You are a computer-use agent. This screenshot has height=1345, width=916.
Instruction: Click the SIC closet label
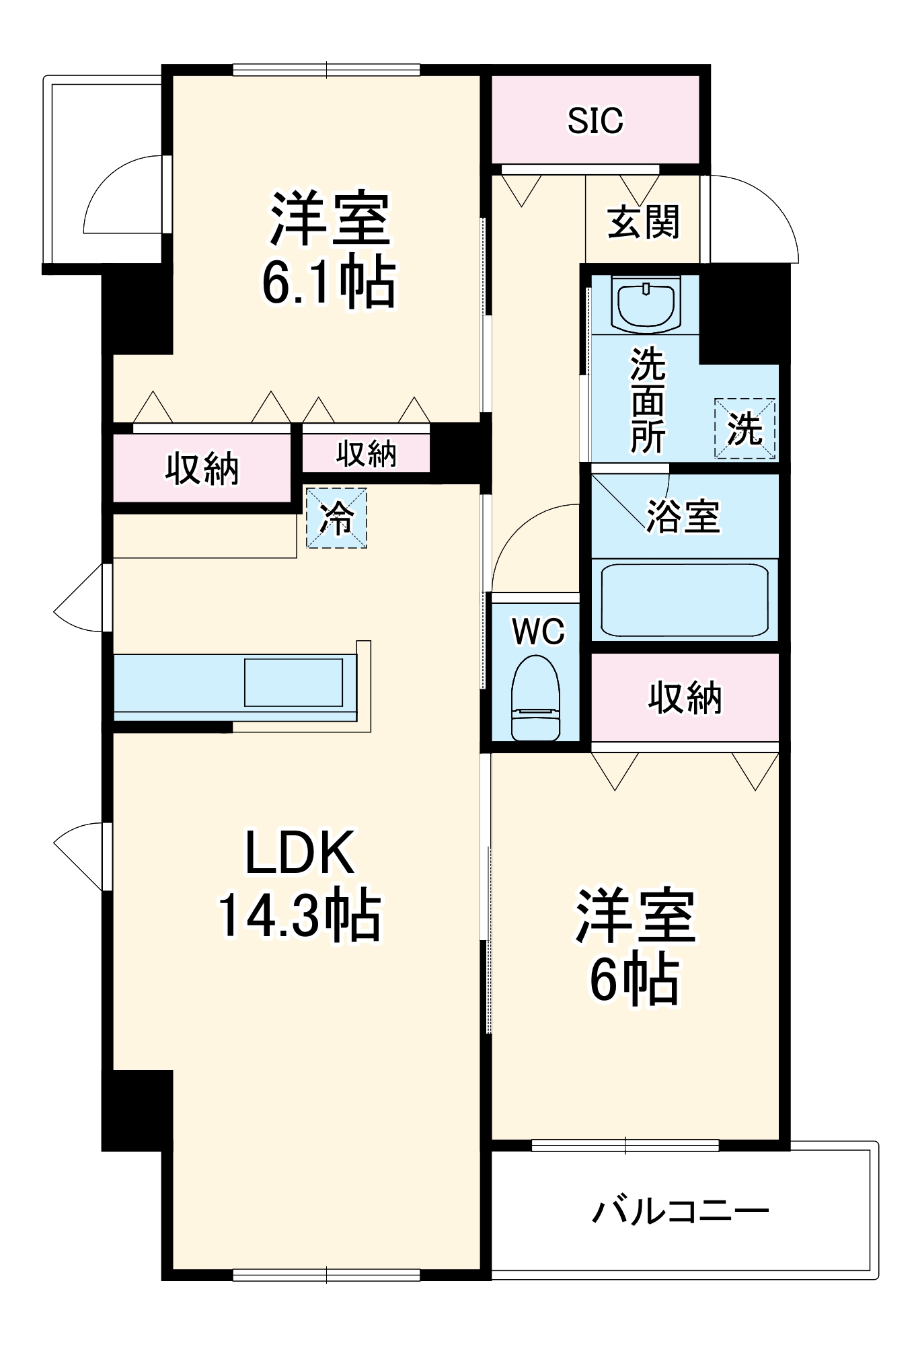pyautogui.click(x=595, y=120)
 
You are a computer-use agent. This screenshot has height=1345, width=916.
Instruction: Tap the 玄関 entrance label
pyautogui.click(x=644, y=222)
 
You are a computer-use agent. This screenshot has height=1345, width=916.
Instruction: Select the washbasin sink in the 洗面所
pyautogui.click(x=645, y=307)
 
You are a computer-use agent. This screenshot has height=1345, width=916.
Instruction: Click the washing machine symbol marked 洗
pyautogui.click(x=745, y=429)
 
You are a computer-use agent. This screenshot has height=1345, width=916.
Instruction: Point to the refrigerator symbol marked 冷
pyautogui.click(x=336, y=518)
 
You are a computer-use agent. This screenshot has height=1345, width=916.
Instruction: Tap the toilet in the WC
pyautogui.click(x=535, y=699)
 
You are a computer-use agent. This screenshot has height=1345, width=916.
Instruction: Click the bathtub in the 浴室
pyautogui.click(x=685, y=600)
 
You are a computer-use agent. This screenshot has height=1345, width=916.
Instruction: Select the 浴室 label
pyautogui.click(x=683, y=516)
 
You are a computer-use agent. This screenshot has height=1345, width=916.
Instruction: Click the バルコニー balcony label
pyautogui.click(x=679, y=1212)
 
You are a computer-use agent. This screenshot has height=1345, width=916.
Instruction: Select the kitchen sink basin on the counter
pyautogui.click(x=293, y=682)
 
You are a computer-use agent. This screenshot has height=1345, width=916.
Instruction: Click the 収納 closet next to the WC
pyautogui.click(x=685, y=697)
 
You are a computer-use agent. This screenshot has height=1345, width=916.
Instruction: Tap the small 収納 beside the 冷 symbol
pyautogui.click(x=366, y=454)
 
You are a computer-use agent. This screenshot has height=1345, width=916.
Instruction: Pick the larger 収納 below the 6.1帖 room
pyautogui.click(x=202, y=469)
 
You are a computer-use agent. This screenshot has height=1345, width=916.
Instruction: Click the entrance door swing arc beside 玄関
pyautogui.click(x=760, y=215)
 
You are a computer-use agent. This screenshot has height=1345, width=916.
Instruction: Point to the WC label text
pyautogui.click(x=538, y=631)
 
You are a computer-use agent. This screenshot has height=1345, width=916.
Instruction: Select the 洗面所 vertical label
pyautogui.click(x=648, y=401)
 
